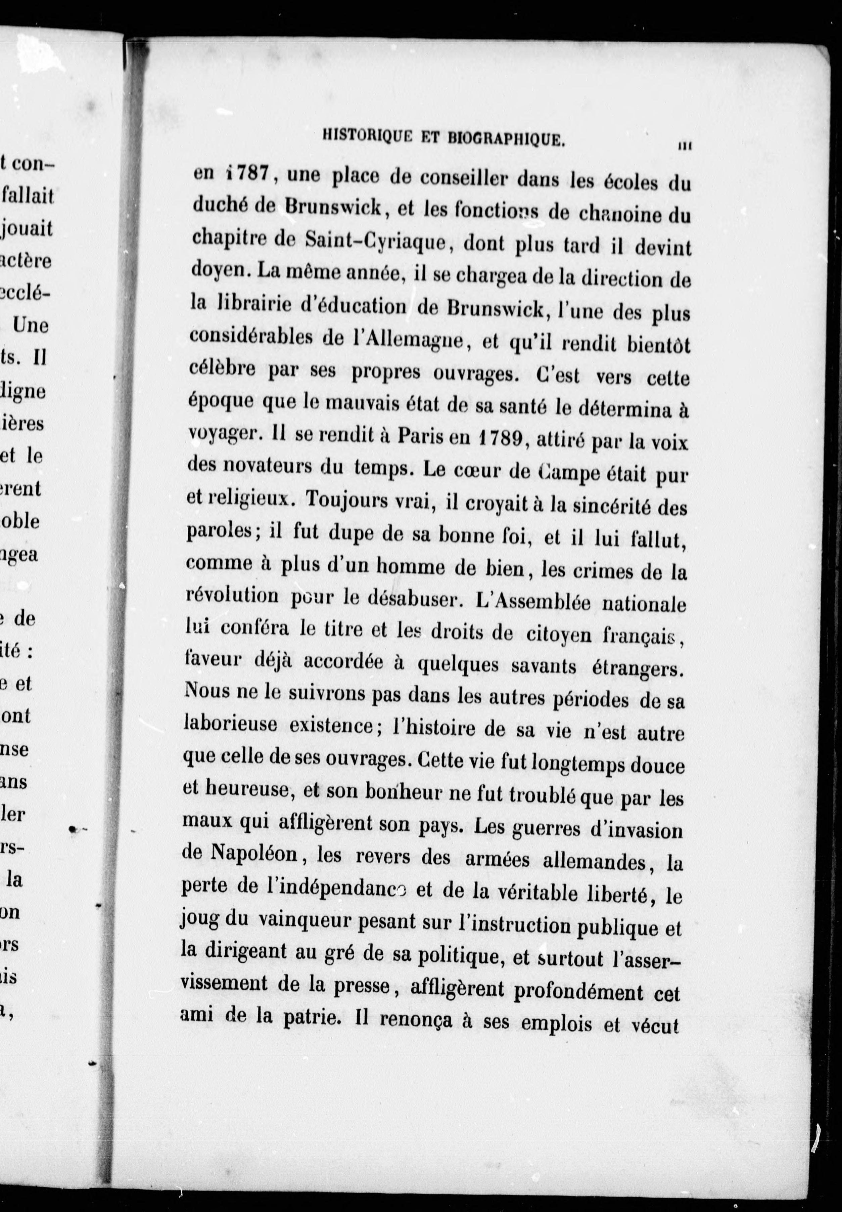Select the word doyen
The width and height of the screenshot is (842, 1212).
(216, 270)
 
